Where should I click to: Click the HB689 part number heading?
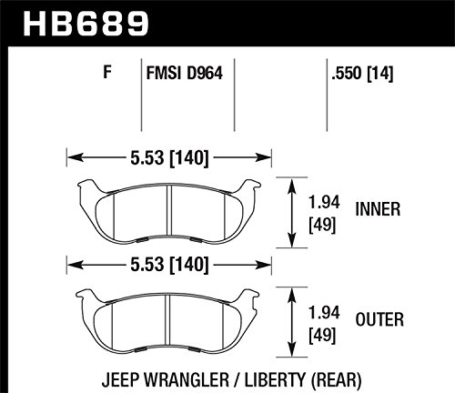[86, 23]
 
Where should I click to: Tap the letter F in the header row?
[107, 72]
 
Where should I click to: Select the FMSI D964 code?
[185, 73]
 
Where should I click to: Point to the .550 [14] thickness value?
[362, 73]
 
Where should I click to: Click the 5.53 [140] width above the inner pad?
[169, 157]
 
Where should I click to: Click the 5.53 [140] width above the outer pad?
[169, 265]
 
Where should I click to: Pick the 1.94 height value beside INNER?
[324, 202]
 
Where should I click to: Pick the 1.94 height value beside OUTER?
[324, 312]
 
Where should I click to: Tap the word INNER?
[378, 209]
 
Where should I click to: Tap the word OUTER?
[379, 319]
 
